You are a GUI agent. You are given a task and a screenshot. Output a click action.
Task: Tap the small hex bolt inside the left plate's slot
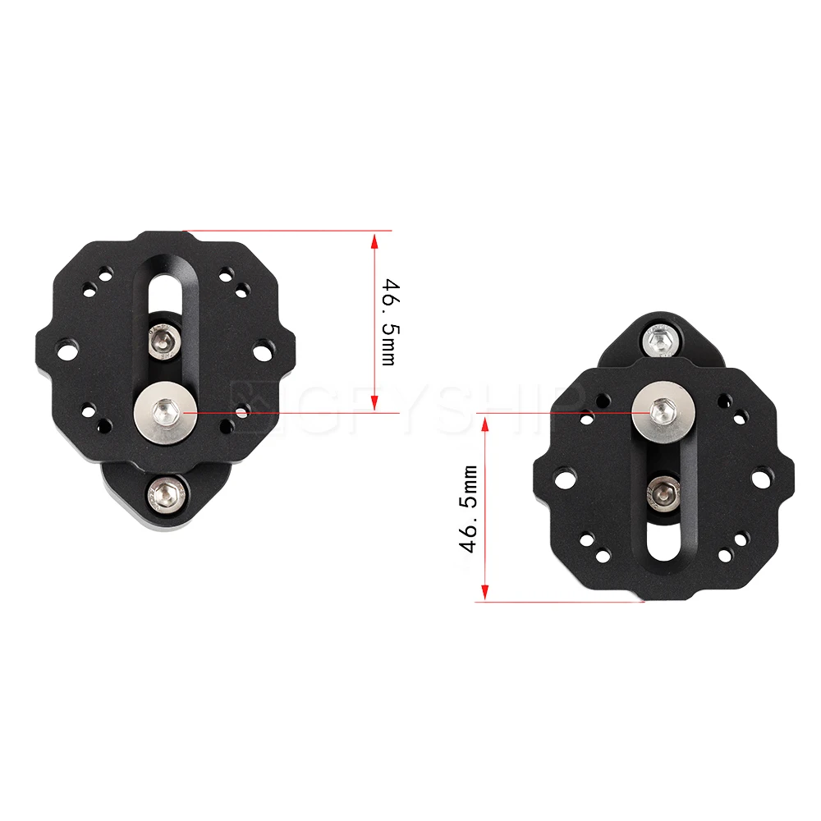(164, 341)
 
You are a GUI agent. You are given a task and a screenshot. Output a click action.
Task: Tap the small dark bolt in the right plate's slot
(663, 493)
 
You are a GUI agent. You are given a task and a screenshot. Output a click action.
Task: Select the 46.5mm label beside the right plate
(470, 508)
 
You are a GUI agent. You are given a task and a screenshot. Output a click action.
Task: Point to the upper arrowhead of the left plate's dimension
(374, 239)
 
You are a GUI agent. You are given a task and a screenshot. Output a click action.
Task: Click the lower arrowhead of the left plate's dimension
(374, 402)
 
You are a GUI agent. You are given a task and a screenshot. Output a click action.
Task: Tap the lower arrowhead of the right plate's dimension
(485, 593)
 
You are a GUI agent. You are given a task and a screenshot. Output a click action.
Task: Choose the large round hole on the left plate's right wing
(262, 351)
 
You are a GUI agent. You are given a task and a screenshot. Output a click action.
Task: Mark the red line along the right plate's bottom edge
(558, 601)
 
